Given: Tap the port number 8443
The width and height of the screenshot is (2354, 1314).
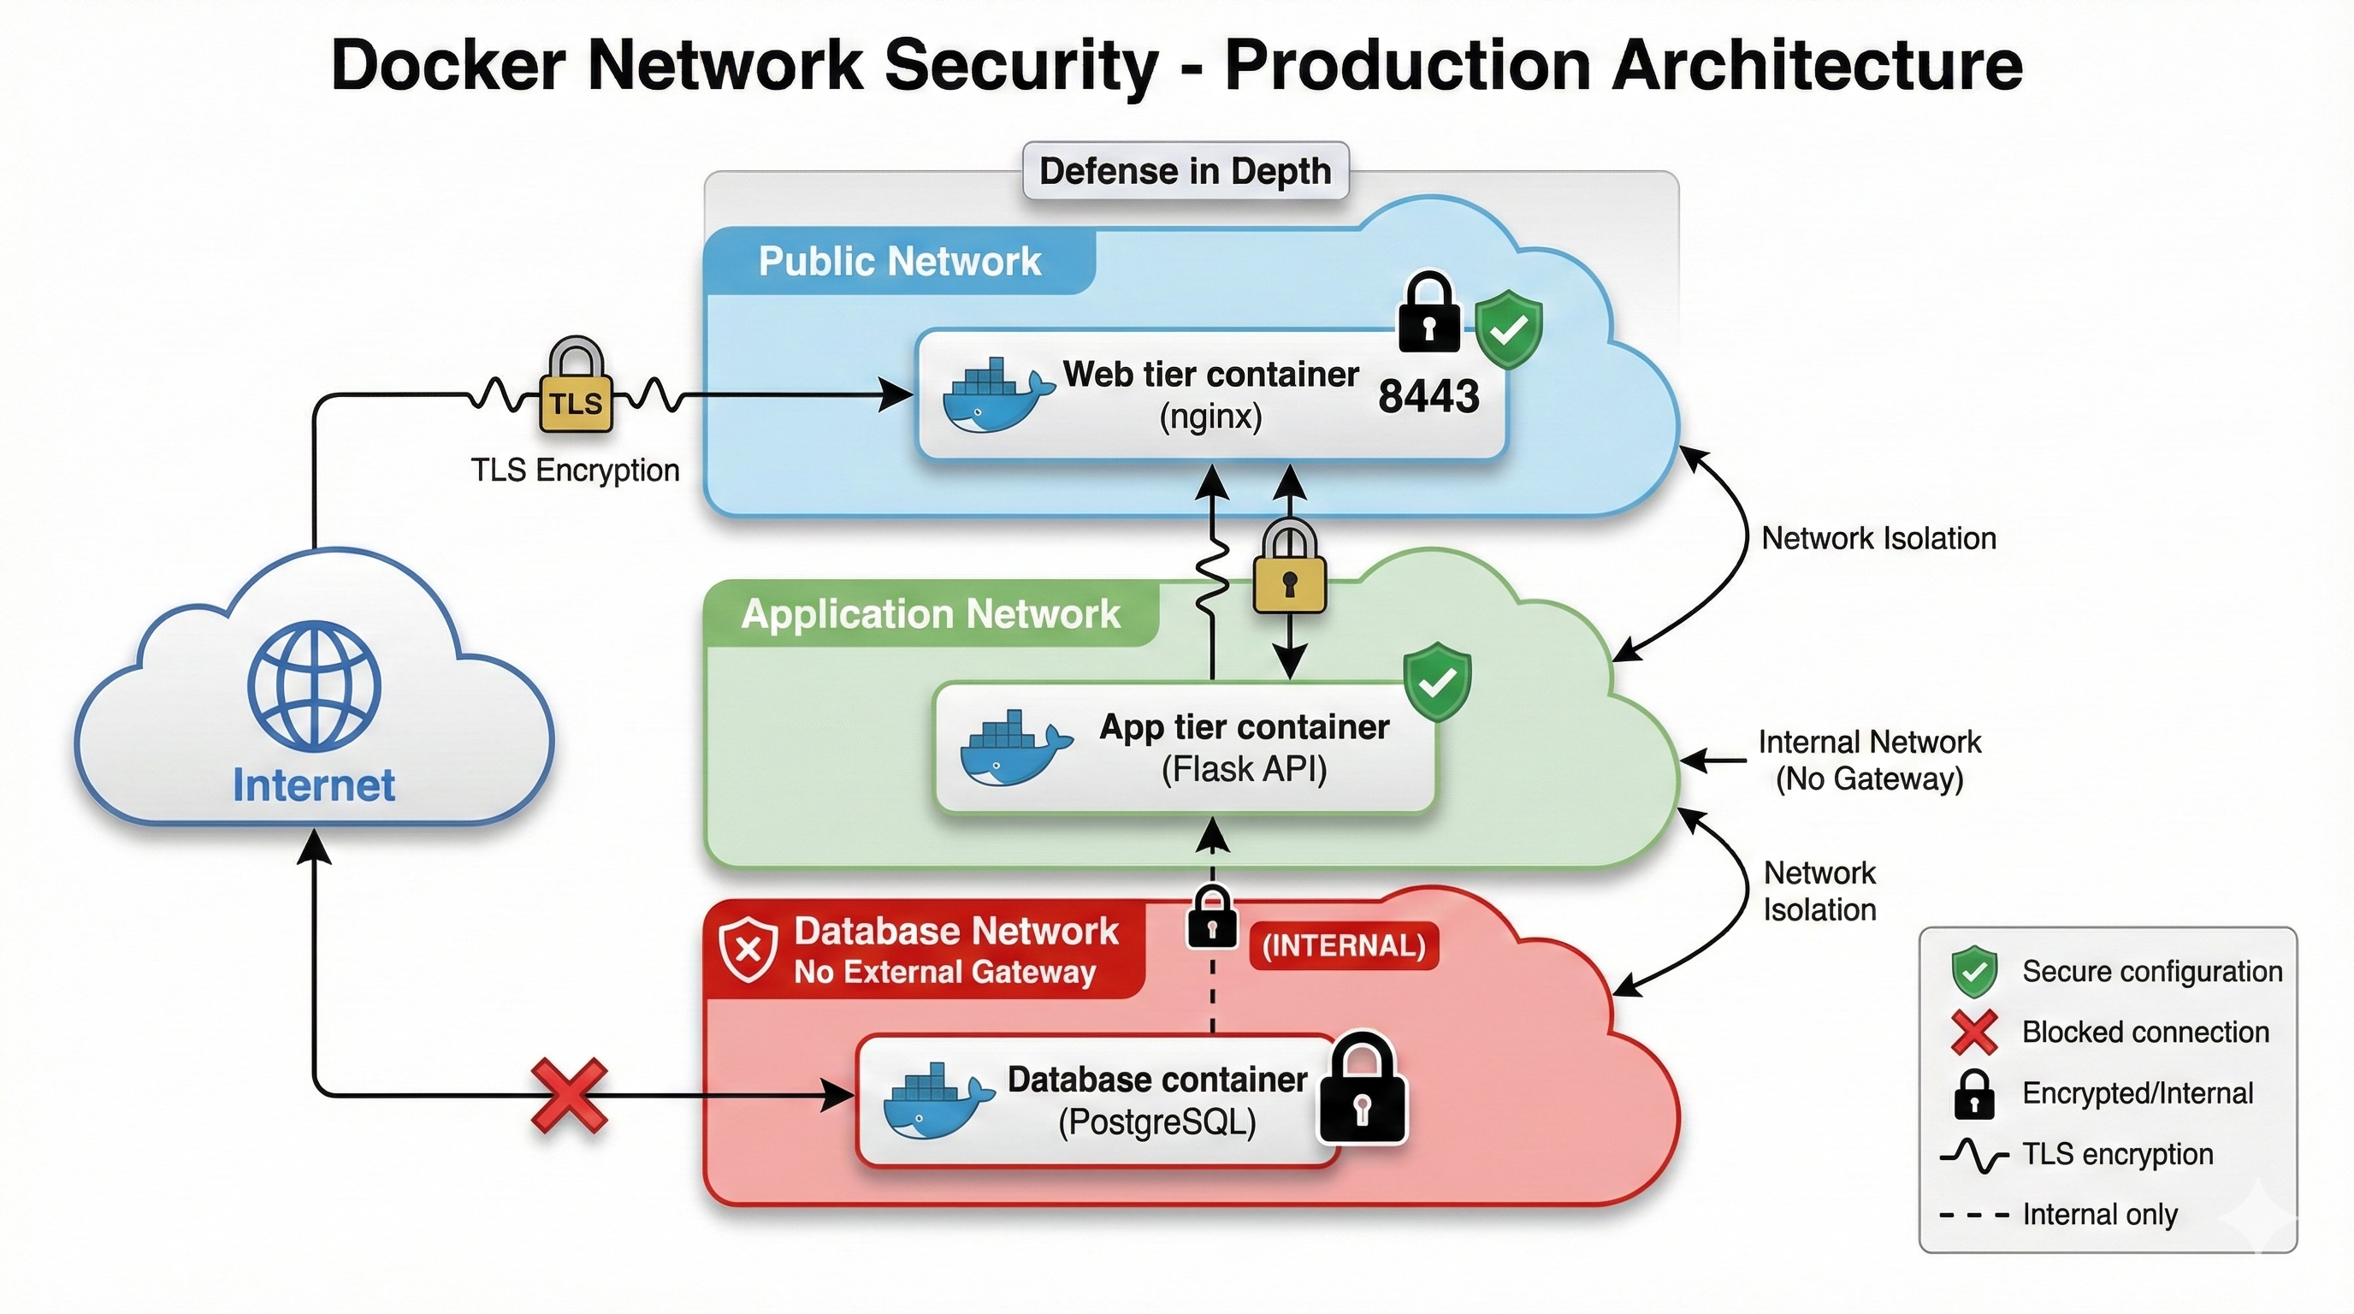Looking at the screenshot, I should [x=1428, y=397].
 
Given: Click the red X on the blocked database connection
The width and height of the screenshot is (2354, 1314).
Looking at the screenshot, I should [x=570, y=1095].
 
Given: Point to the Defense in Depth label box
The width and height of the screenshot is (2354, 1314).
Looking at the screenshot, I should [x=1186, y=171].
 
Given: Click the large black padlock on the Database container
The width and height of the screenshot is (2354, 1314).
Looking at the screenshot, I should [x=1362, y=1090].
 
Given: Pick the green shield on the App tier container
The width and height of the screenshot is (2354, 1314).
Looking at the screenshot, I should [x=1436, y=681].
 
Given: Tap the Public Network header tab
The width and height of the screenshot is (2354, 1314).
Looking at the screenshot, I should [x=899, y=261].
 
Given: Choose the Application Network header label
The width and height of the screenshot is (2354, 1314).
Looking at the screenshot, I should [x=931, y=613].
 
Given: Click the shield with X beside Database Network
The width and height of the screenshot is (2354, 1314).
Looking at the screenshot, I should [x=748, y=950].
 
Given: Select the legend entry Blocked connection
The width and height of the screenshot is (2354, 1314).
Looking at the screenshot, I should [x=2144, y=1032].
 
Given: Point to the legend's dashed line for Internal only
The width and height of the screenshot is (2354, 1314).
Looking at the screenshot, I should [x=1974, y=1216].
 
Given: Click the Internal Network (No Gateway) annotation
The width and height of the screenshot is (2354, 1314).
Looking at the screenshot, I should [x=1869, y=760].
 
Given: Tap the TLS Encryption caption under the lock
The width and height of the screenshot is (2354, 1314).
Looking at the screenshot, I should [x=575, y=471].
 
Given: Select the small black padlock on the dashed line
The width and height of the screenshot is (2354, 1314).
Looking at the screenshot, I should [x=1212, y=918].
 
